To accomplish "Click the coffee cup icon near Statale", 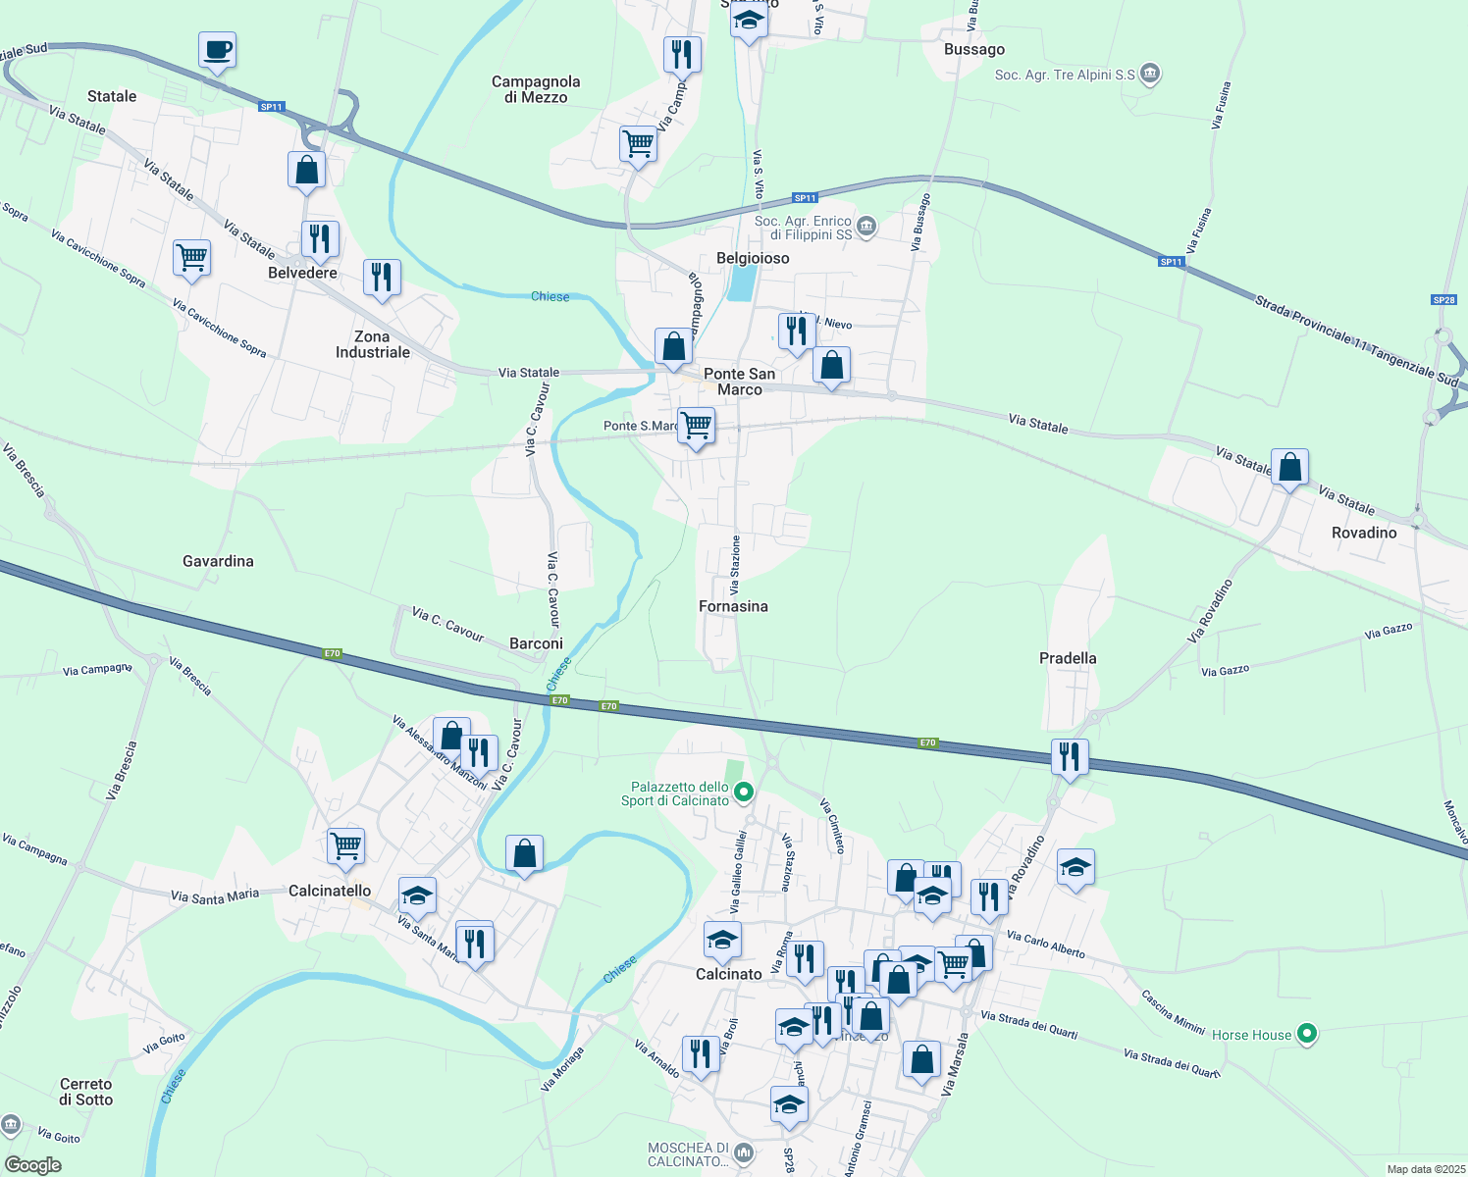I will pyautogui.click(x=217, y=49).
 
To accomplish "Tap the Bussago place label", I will pyautogui.click(x=973, y=49).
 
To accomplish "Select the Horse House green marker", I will pyautogui.click(x=1306, y=1034).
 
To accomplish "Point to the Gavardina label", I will pyautogui.click(x=218, y=561).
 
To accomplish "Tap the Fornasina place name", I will pyautogui.click(x=733, y=606).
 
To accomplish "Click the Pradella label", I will pyautogui.click(x=1068, y=658).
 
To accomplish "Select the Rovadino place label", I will pyautogui.click(x=1364, y=533).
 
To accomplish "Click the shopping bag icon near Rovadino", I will pyautogui.click(x=1289, y=468).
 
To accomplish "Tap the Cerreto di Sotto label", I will pyautogui.click(x=86, y=1092).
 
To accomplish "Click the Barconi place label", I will pyautogui.click(x=536, y=643).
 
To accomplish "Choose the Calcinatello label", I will pyautogui.click(x=330, y=891).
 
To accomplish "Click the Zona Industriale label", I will pyautogui.click(x=373, y=344).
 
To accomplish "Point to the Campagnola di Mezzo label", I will pyautogui.click(x=536, y=89).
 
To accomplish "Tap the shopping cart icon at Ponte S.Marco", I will pyautogui.click(x=696, y=427).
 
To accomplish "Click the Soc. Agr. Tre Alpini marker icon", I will pyautogui.click(x=1150, y=74).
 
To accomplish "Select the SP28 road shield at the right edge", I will pyautogui.click(x=1443, y=300).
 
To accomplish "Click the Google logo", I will pyautogui.click(x=33, y=1165).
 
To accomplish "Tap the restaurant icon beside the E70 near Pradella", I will pyautogui.click(x=1069, y=757).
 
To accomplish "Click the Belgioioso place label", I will pyautogui.click(x=753, y=258).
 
